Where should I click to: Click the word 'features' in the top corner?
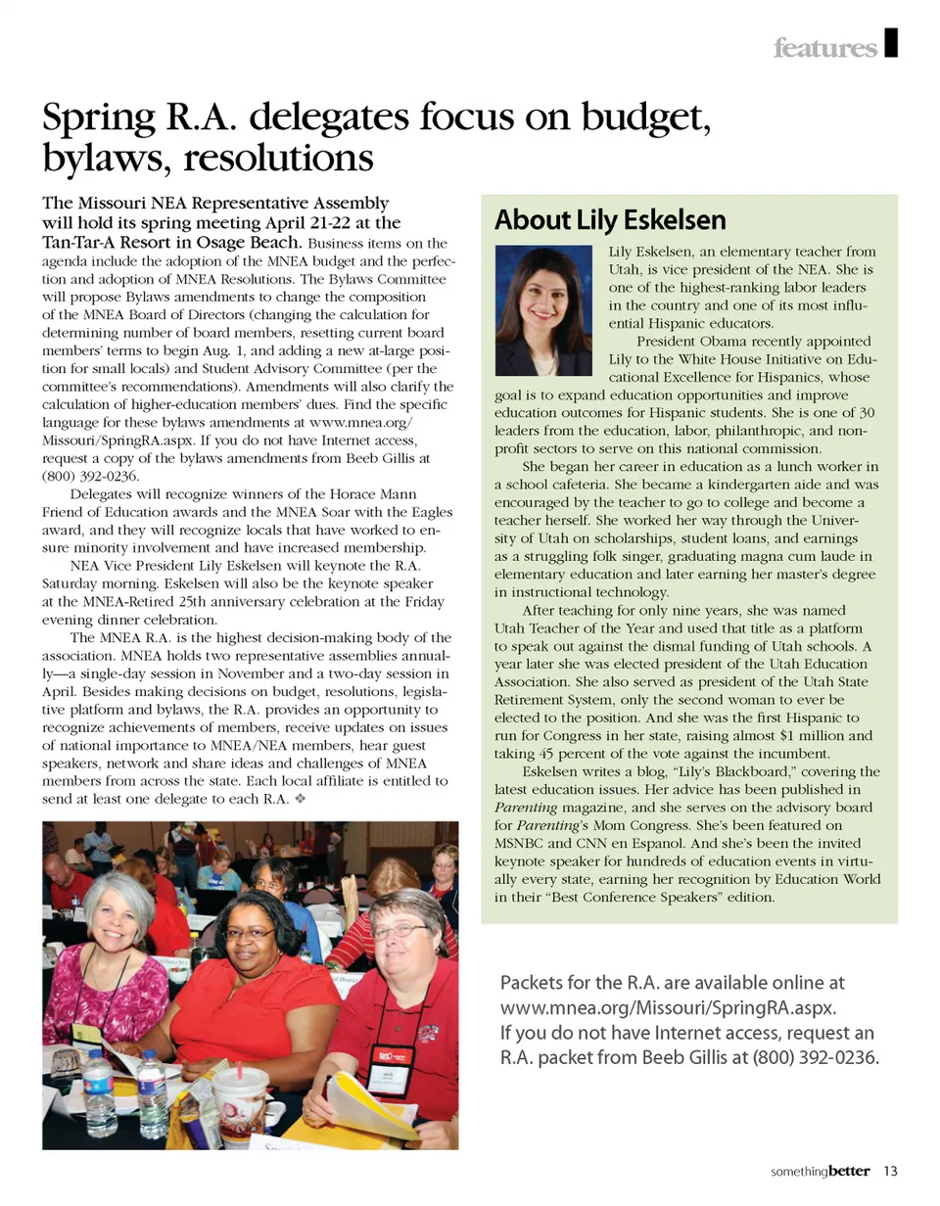[824, 47]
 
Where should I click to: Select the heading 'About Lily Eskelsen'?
[609, 219]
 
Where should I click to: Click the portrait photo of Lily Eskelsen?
[544, 310]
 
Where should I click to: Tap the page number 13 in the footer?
[890, 1170]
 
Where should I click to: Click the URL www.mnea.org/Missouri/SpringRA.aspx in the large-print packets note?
[669, 1007]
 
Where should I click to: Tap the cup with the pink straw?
[239, 1099]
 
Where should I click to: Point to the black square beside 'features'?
[889, 44]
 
